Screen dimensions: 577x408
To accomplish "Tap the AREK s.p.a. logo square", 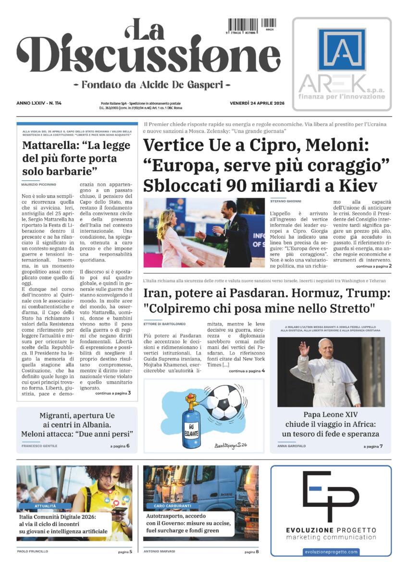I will pos(342,50).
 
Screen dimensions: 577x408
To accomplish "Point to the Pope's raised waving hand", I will pos(304,348).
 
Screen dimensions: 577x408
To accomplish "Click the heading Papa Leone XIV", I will pos(331,414).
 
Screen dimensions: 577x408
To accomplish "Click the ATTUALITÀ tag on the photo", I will pos(46,506).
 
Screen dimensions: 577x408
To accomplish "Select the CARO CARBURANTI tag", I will pos(173,506).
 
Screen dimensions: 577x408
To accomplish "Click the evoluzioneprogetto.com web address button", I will pos(331,552).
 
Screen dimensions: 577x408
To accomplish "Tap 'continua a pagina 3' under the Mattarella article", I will pos(113,393).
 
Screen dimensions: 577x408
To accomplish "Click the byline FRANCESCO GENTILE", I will pos(39,446).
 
